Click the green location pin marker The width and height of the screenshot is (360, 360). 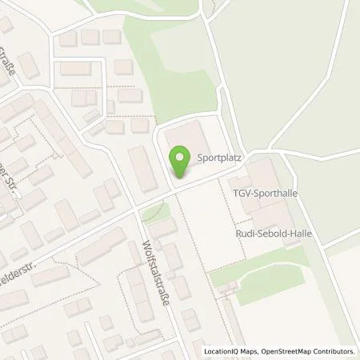[x=181, y=162]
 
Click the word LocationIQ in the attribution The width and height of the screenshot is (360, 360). [x=222, y=351]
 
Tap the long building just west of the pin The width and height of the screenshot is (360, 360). [x=143, y=168]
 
